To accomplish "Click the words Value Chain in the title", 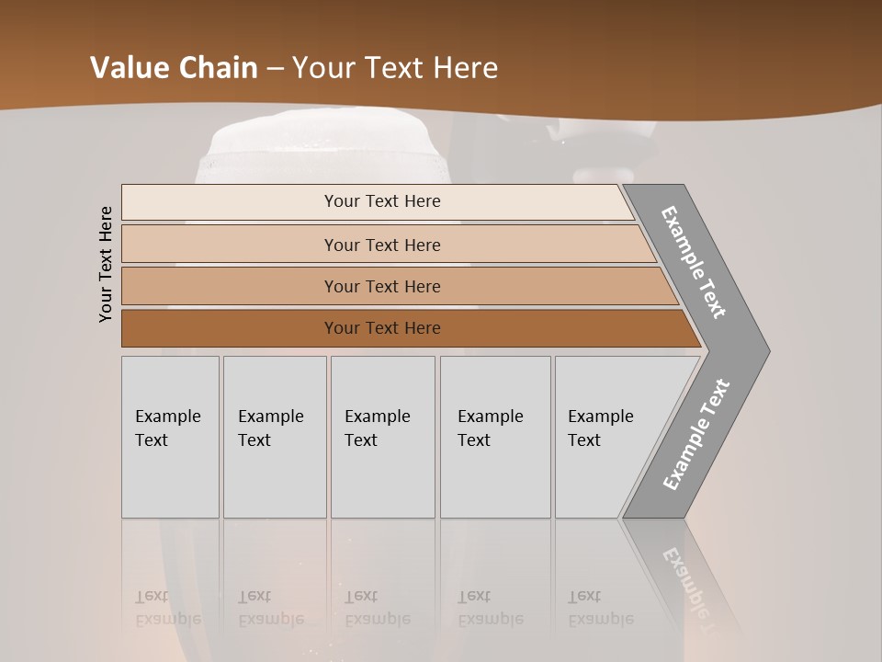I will [x=174, y=68].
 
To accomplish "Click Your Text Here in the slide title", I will [x=395, y=68].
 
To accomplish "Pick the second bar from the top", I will [x=382, y=245].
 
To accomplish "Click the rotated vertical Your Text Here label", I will [x=106, y=264].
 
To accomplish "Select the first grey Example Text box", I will [x=170, y=437].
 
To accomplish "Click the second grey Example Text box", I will [x=275, y=437].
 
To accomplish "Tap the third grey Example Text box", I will [x=382, y=437].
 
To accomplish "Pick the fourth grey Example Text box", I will [x=495, y=437].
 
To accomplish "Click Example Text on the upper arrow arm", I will [x=694, y=262].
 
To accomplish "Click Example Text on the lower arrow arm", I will [x=696, y=434].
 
